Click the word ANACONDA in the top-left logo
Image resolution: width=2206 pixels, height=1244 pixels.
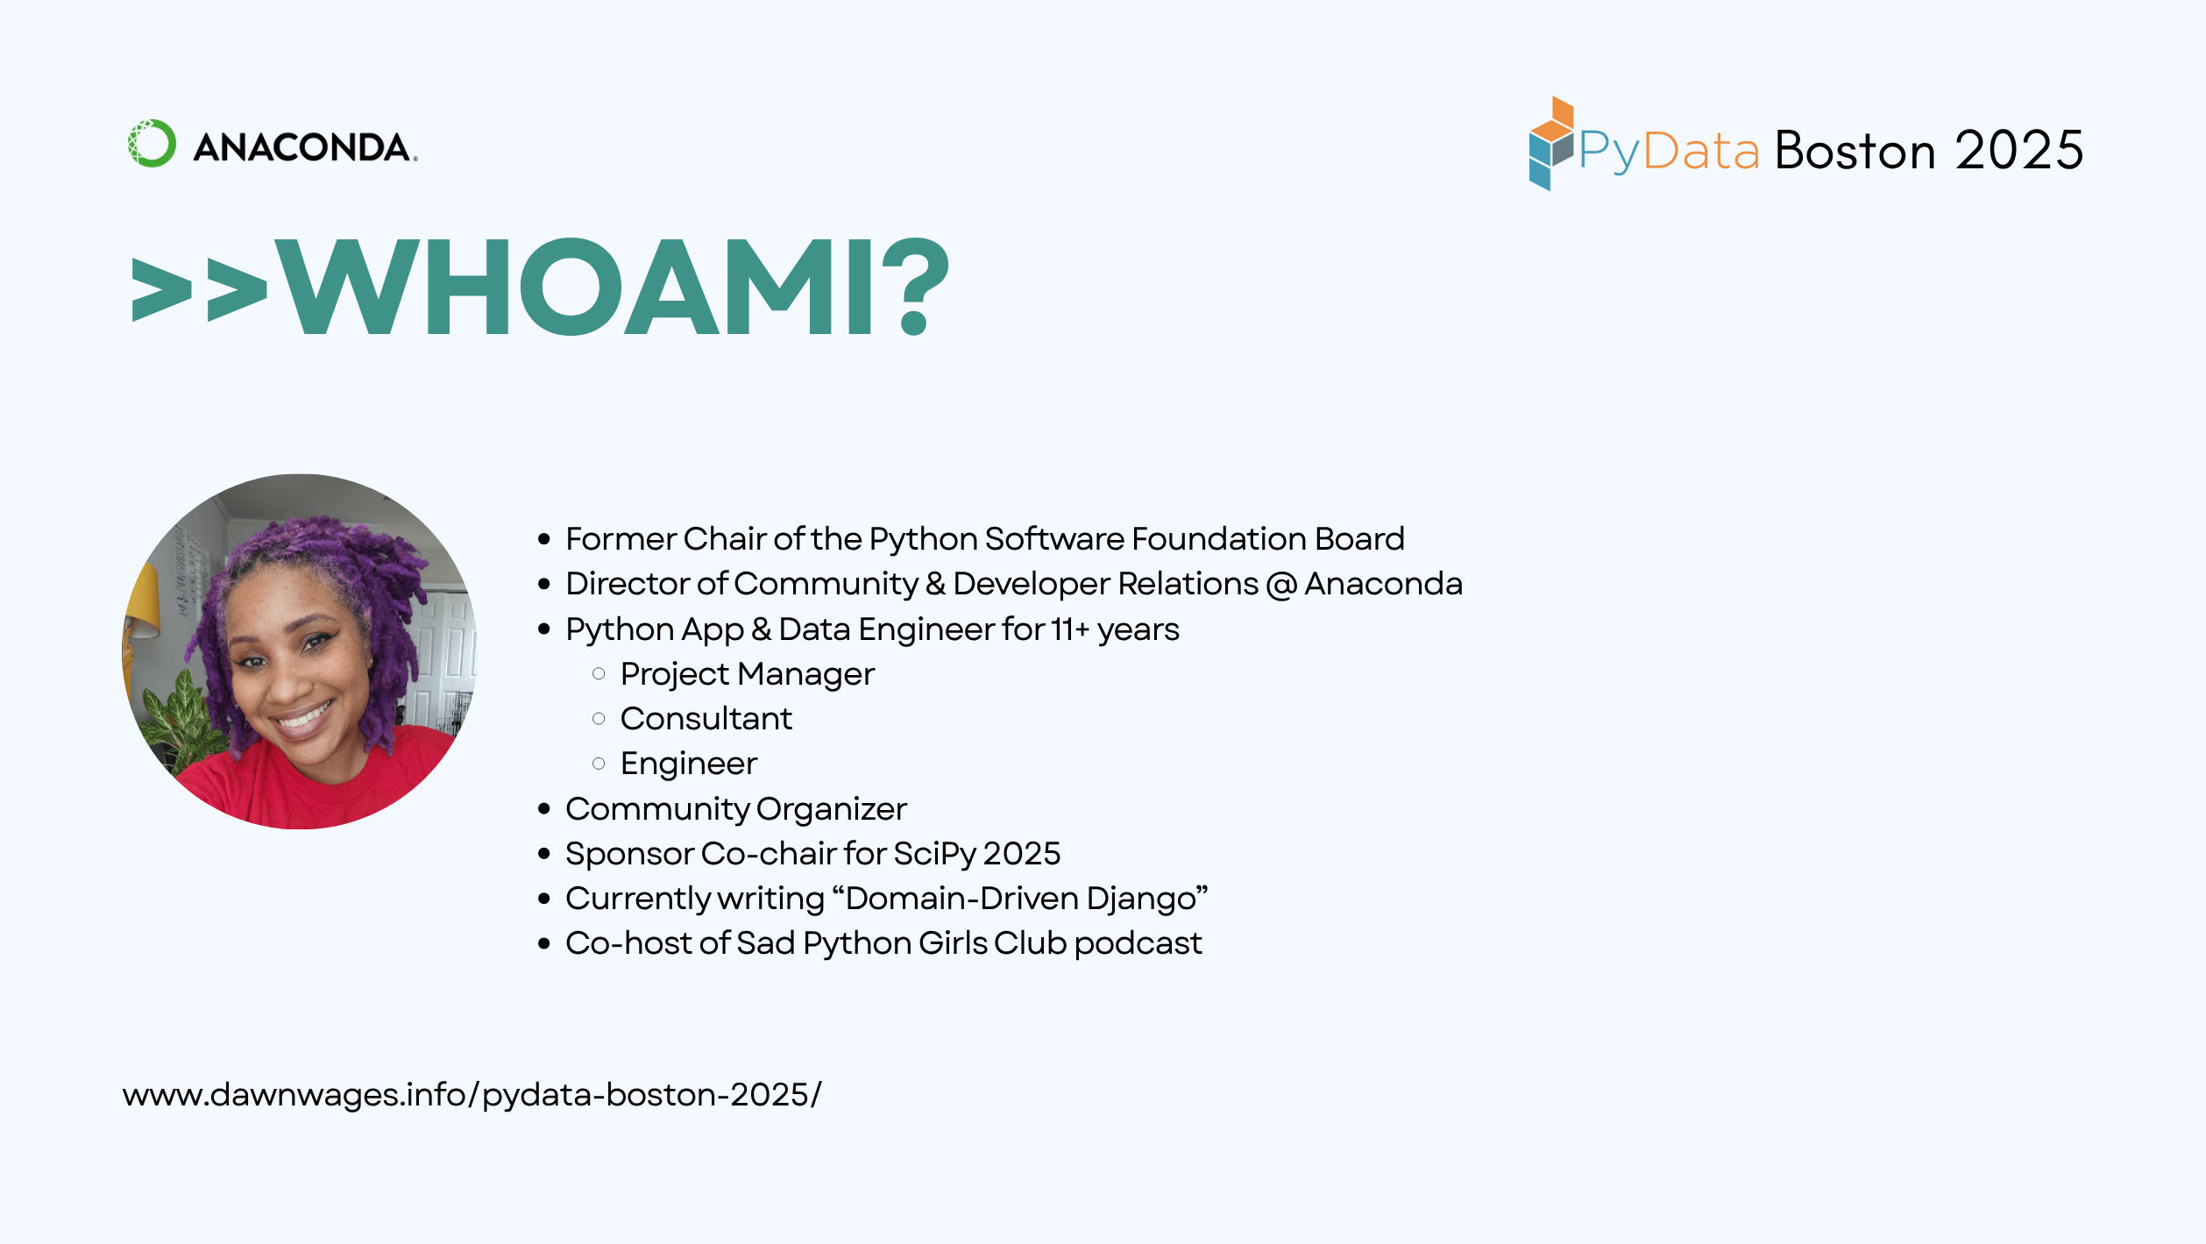(303, 147)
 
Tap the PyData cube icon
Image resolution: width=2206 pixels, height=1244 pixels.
(1550, 143)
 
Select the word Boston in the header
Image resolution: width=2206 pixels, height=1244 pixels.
(1855, 150)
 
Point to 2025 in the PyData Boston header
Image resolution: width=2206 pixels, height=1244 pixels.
(2018, 150)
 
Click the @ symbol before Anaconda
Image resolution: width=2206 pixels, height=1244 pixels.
(1280, 585)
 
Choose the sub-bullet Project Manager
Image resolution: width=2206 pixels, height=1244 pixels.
(747, 674)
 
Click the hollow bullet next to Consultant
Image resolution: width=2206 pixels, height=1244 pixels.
(599, 719)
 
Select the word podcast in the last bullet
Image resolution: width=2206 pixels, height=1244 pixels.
(1138, 943)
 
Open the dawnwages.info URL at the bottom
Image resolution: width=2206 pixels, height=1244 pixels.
(472, 1095)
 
